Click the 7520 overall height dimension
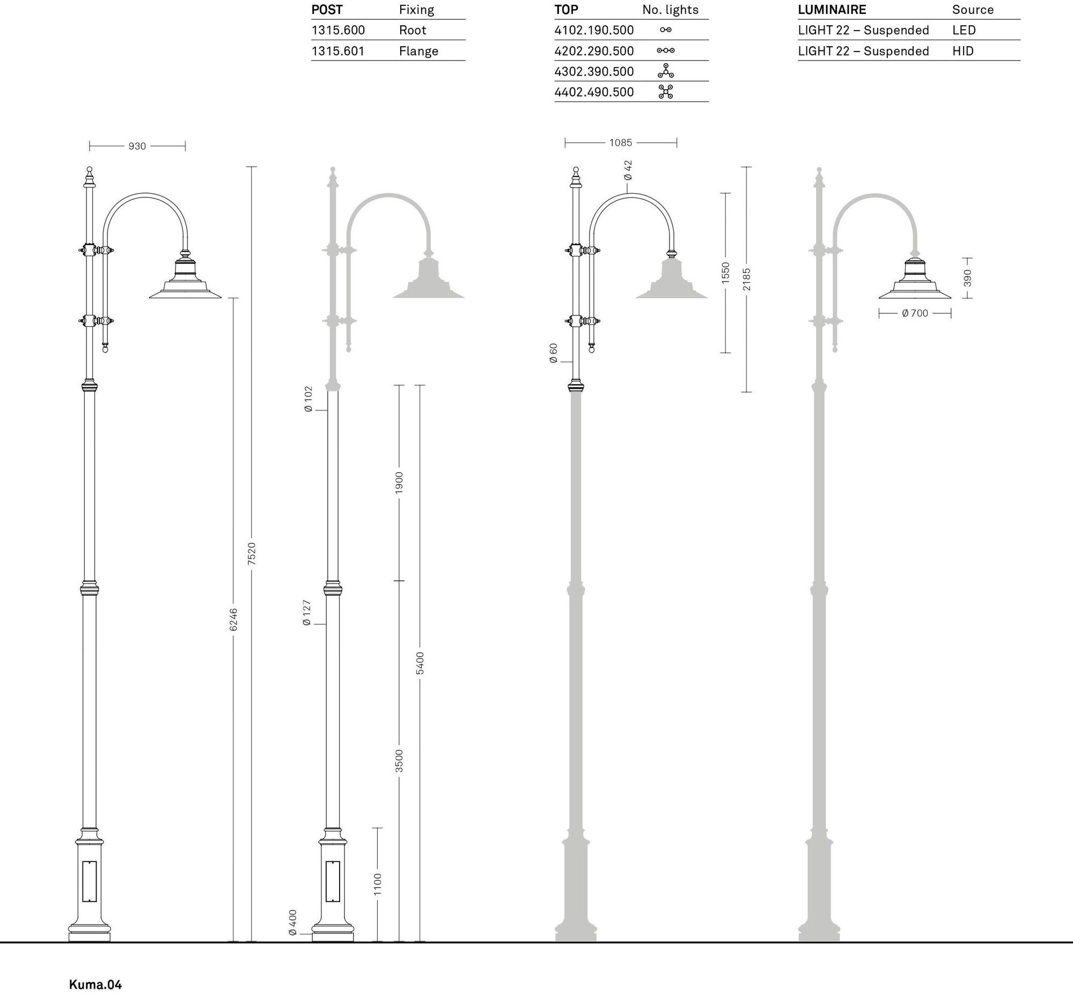pyautogui.click(x=252, y=554)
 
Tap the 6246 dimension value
pyautogui.click(x=233, y=620)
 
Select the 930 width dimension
pyautogui.click(x=137, y=146)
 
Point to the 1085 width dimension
pyautogui.click(x=621, y=143)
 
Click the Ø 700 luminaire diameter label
pyautogui.click(x=915, y=313)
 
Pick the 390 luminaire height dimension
pyautogui.click(x=967, y=278)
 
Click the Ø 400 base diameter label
pyautogui.click(x=293, y=922)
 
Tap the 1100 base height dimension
pyautogui.click(x=378, y=885)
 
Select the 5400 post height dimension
pyautogui.click(x=420, y=663)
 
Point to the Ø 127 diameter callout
pyautogui.click(x=307, y=613)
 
